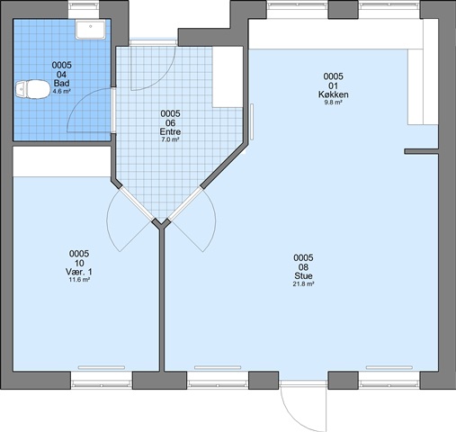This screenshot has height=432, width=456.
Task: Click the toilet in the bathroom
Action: coord(32,89)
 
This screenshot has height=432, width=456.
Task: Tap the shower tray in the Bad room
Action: coord(90,30)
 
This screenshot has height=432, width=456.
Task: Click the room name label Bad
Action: coord(61,84)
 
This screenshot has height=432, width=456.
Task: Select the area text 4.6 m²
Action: coord(61,92)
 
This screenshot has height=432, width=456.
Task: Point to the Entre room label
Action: coord(170,132)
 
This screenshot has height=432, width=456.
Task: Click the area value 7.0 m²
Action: coord(170,139)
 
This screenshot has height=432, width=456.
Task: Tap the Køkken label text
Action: coord(333,94)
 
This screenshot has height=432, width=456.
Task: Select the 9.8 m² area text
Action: coord(333,103)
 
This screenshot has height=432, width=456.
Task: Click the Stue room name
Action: coord(303,276)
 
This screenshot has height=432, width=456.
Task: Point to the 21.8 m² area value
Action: coord(303,283)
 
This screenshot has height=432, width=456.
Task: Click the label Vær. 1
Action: coord(79,272)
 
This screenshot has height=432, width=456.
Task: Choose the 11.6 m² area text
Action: coord(79,280)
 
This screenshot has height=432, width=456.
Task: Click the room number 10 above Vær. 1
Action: coord(79,263)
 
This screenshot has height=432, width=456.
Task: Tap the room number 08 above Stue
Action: coord(303,267)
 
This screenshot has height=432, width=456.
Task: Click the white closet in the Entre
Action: coord(228,76)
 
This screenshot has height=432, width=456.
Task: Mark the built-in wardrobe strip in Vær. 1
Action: coord(62,162)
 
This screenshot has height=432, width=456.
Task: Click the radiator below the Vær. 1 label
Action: coord(102,367)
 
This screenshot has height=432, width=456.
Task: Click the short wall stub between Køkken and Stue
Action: coord(421,151)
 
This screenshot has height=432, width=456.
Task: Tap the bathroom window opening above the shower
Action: coord(84,9)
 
